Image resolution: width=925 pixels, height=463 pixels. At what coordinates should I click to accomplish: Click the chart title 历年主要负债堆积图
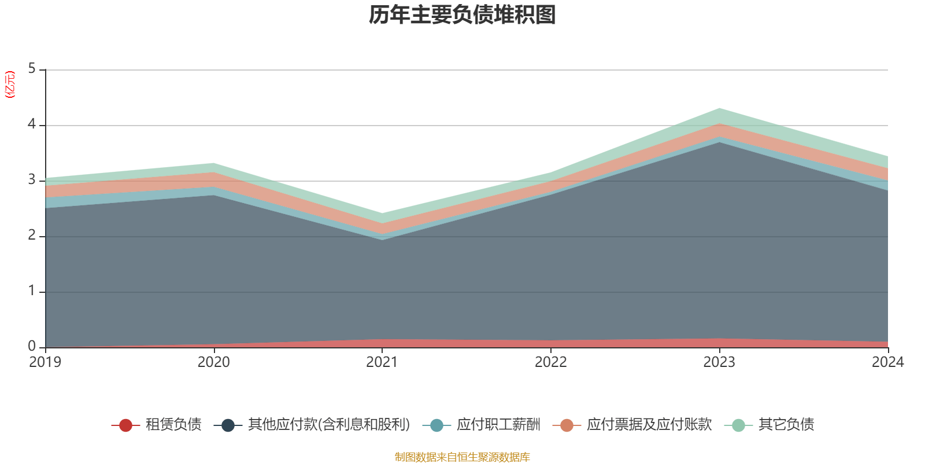tap(462, 15)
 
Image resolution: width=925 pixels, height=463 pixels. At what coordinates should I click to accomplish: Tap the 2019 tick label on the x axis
tap(45, 362)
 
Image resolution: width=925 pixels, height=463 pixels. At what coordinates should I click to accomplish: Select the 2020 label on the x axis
tap(213, 362)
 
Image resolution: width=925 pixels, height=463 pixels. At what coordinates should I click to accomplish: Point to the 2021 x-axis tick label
tap(382, 362)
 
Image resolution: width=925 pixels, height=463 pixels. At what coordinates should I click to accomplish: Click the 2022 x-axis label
tap(550, 362)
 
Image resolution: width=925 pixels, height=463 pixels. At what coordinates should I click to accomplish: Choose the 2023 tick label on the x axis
tap(719, 362)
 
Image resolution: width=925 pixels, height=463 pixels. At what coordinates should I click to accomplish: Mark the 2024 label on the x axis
tap(887, 362)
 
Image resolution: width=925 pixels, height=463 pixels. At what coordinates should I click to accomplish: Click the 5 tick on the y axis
tap(32, 69)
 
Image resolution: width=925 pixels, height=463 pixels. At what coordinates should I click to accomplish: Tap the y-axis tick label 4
tap(32, 125)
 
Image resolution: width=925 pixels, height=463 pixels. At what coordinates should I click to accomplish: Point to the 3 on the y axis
tap(32, 180)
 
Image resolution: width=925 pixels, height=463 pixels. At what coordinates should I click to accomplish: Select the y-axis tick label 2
tap(32, 236)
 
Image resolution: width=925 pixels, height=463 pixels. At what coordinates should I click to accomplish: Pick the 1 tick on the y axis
tap(32, 291)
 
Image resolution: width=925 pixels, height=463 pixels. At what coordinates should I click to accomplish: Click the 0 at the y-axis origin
tap(32, 347)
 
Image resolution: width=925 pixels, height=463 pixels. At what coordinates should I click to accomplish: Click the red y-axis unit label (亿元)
tap(10, 84)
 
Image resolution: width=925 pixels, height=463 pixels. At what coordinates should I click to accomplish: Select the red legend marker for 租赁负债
tap(125, 425)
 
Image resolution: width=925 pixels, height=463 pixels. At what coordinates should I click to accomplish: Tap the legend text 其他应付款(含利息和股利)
tap(328, 425)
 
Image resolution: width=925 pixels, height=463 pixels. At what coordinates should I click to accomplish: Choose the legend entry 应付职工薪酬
tap(498, 425)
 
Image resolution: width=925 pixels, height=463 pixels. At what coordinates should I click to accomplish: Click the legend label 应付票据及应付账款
tap(649, 425)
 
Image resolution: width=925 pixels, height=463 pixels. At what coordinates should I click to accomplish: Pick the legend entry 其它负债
tap(786, 425)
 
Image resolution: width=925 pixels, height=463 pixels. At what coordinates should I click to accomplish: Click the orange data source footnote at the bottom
tap(462, 457)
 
